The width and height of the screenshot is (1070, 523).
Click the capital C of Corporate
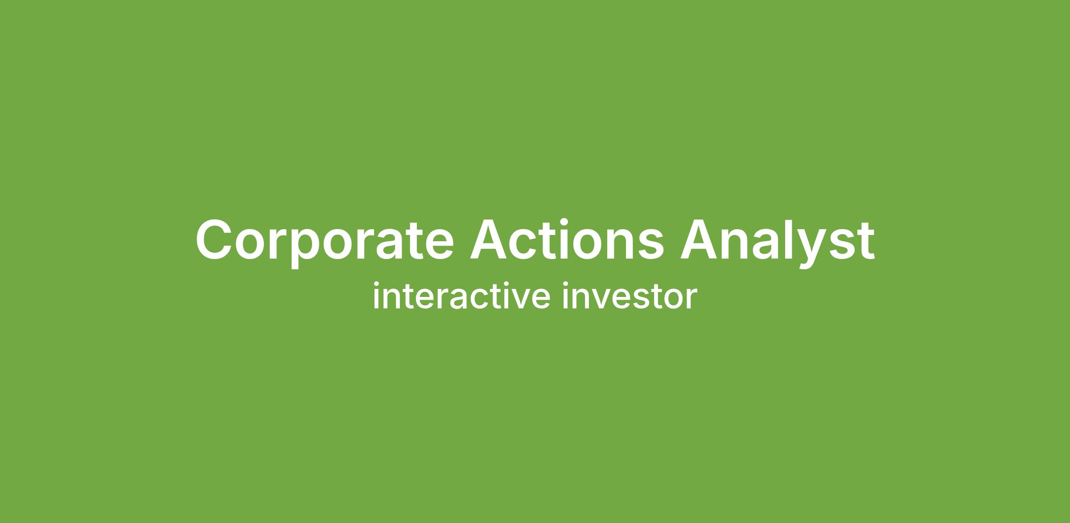coord(216,239)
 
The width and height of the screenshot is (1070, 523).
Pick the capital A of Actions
coord(490,239)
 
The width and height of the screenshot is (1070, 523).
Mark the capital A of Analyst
coord(700,239)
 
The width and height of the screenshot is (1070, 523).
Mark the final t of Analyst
coord(865,241)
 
